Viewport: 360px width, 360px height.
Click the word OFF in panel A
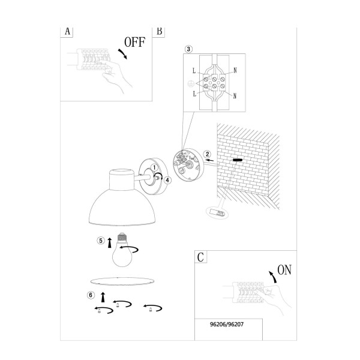135,42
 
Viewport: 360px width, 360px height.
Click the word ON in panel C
284,270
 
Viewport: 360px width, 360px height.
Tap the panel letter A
67,31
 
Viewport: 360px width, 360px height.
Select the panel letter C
200,257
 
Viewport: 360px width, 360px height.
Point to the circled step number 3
188,49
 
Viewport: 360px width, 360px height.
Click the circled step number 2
207,154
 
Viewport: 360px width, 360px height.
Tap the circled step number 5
101,241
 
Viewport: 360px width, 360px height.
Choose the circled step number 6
91,295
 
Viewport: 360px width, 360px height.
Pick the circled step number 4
167,180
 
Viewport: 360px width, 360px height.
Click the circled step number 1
154,167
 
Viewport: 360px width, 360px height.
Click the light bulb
122,250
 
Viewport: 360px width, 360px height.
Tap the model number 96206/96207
227,325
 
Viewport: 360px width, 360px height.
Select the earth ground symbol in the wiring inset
191,84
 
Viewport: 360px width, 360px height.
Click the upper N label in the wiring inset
235,70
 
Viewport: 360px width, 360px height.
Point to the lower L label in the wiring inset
194,94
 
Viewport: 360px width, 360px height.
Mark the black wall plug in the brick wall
238,160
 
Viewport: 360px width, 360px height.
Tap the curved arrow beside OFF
123,54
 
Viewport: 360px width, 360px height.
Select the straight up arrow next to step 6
103,298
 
